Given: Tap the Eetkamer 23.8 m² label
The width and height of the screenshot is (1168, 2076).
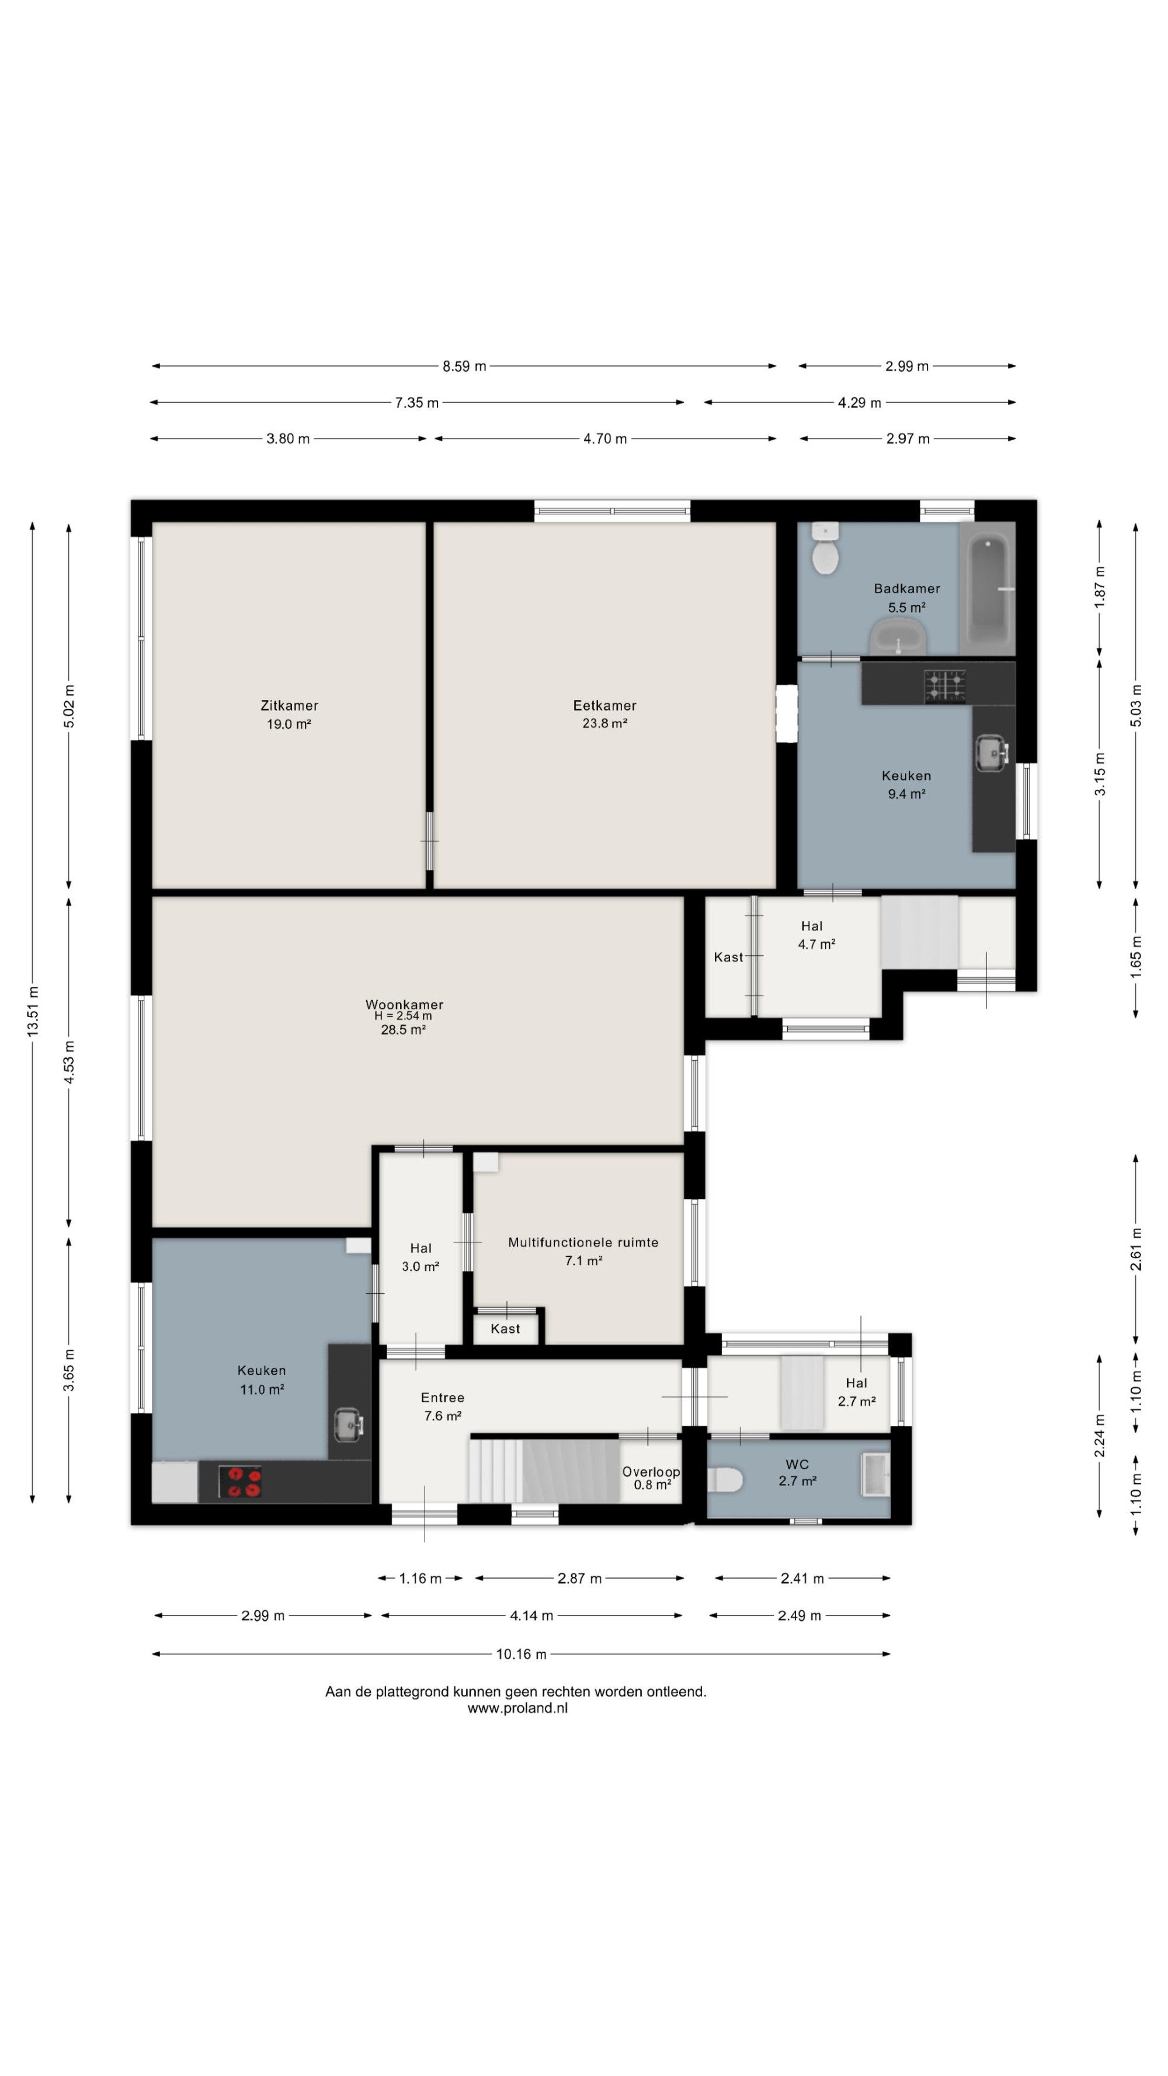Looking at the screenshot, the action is (x=604, y=714).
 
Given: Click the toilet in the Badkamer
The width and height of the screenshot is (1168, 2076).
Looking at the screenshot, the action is (x=825, y=548).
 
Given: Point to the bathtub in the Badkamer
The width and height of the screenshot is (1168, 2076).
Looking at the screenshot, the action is (x=986, y=589).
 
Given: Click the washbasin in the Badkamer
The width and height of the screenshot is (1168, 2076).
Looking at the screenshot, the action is (x=897, y=637).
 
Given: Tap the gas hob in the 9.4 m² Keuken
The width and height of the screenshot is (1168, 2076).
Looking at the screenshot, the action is (x=945, y=685).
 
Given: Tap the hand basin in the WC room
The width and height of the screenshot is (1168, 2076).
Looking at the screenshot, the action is (x=875, y=1475).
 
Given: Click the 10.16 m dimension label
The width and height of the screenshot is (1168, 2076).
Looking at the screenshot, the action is (x=521, y=1654).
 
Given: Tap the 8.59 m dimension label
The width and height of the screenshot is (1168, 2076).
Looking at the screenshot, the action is (x=464, y=366).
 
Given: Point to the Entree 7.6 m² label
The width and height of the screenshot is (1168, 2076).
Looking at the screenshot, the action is (x=443, y=1406).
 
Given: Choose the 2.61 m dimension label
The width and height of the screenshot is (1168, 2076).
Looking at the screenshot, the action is (x=1136, y=1248).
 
